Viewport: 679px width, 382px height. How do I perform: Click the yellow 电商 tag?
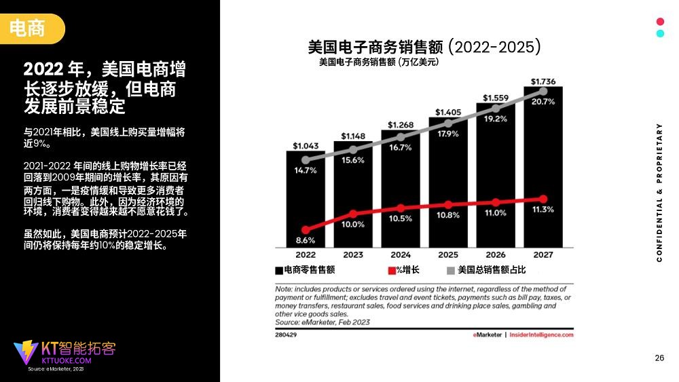click(x=28, y=28)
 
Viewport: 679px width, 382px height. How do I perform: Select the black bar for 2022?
click(x=306, y=204)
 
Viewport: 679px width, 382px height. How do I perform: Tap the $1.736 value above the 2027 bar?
click(x=543, y=81)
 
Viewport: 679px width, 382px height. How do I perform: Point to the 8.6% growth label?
click(x=306, y=240)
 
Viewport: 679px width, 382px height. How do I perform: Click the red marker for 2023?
click(x=352, y=214)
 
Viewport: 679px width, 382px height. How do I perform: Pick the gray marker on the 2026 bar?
click(x=496, y=107)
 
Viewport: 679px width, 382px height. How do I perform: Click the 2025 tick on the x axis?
click(x=448, y=255)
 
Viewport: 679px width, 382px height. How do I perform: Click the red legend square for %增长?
click(x=392, y=271)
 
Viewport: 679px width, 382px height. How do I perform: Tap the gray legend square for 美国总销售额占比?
click(x=450, y=271)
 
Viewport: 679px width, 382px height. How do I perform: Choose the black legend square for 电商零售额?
click(x=279, y=271)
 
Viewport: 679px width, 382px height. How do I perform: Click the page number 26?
click(x=659, y=358)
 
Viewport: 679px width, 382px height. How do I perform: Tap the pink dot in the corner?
click(x=660, y=22)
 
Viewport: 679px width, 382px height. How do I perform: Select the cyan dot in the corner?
click(x=660, y=33)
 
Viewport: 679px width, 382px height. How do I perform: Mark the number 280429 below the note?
click(x=286, y=335)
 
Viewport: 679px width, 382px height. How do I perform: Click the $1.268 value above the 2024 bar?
click(x=401, y=125)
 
